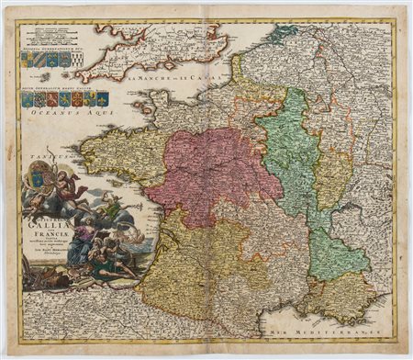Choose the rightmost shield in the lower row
(x=103, y=97)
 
